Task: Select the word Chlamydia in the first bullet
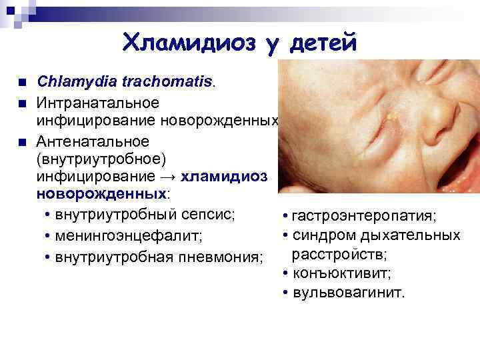(x=77, y=83)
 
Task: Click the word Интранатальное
(x=98, y=103)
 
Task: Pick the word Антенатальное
(x=93, y=141)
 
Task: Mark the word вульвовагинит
(x=348, y=293)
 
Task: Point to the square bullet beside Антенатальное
(x=22, y=142)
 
